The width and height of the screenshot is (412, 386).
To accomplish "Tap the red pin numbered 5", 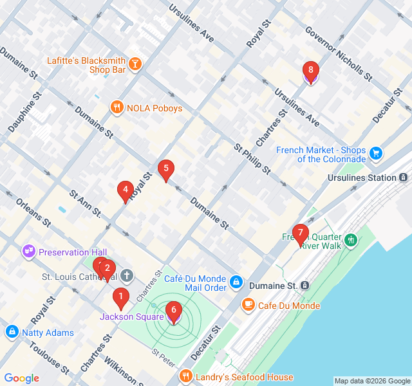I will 166,169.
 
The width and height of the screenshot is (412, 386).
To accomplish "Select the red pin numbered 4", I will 125,190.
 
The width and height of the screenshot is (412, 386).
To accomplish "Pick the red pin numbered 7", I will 300,234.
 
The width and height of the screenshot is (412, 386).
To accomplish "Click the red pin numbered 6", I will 173,311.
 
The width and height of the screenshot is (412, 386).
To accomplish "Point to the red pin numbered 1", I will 120,297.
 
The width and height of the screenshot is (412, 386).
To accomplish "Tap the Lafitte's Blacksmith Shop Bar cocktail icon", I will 136,63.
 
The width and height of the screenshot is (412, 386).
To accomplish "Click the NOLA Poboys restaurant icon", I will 117,108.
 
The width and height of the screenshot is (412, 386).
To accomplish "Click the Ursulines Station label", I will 362,177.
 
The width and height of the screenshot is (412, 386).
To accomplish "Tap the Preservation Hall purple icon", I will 29,252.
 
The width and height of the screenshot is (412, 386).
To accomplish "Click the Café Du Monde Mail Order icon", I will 236,282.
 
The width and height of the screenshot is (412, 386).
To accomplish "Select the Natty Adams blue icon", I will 12,332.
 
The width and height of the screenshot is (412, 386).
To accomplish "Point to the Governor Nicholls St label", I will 339,53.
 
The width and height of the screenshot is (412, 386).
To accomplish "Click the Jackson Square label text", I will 131,317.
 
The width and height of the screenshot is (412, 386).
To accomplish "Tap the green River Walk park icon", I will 351,241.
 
